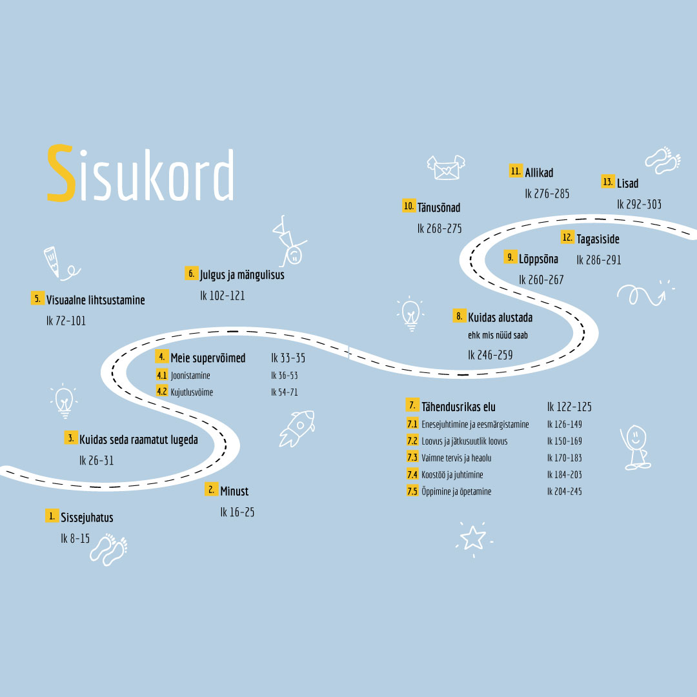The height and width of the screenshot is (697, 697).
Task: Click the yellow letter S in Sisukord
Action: click(x=61, y=172)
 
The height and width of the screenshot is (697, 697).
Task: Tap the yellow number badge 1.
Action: click(x=52, y=516)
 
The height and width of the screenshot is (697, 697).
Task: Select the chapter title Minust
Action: click(x=234, y=491)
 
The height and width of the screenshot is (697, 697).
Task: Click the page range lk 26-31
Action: click(x=96, y=461)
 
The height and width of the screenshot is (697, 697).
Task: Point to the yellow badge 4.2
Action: click(x=162, y=392)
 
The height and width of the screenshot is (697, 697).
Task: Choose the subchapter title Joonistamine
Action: click(x=190, y=376)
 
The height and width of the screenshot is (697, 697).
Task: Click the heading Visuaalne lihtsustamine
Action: click(x=96, y=300)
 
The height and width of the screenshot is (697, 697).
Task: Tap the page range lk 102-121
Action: click(x=222, y=296)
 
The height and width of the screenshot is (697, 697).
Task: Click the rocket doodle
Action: click(x=296, y=428)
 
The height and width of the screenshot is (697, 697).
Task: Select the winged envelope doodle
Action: click(x=446, y=167)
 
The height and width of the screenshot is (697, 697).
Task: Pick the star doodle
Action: click(x=473, y=538)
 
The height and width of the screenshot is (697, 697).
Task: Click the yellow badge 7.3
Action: click(x=412, y=458)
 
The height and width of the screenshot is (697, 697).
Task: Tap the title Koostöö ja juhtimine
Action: click(x=452, y=475)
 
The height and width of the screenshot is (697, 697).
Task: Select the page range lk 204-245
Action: click(x=565, y=491)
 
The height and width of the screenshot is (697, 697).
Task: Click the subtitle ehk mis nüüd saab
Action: click(x=498, y=335)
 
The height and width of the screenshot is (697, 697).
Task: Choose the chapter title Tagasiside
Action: click(x=598, y=239)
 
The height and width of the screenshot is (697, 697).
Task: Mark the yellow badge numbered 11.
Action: click(x=516, y=171)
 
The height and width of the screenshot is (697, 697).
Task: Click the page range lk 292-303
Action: click(x=639, y=204)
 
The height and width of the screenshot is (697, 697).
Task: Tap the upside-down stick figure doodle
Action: click(x=289, y=241)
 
